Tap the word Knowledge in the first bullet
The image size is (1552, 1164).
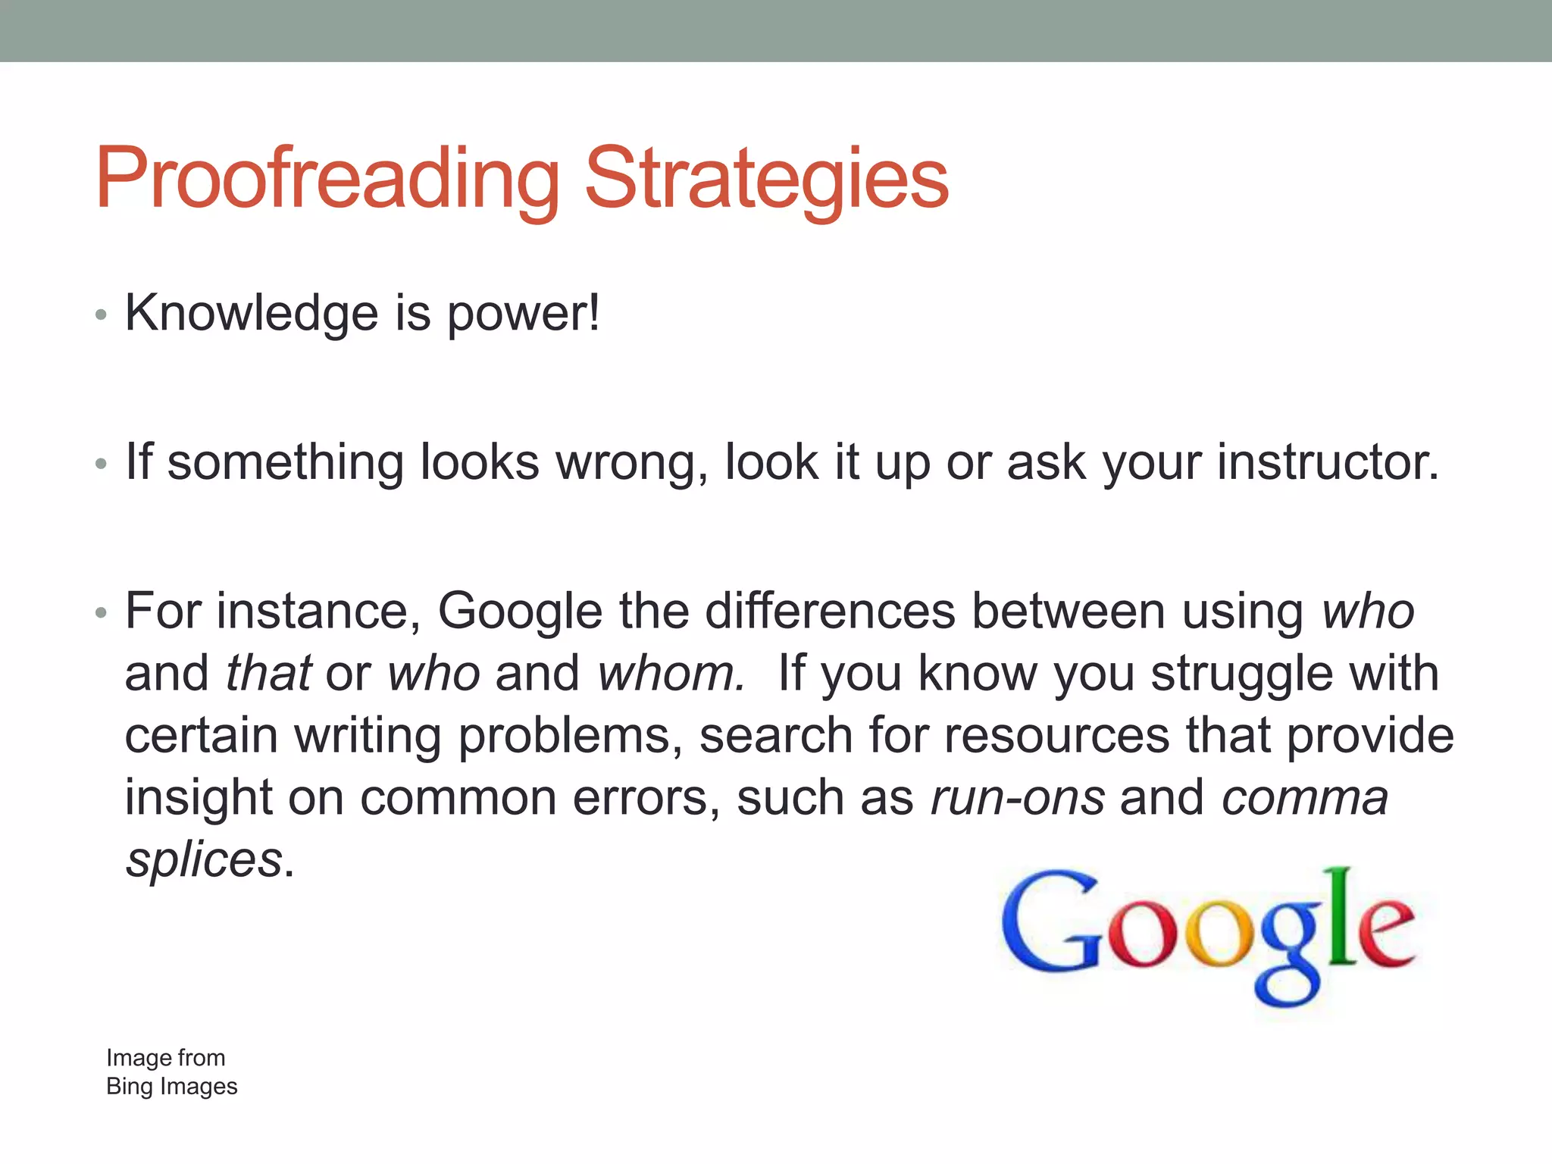251,313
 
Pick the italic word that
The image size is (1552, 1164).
268,674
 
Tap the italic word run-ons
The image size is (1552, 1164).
1017,798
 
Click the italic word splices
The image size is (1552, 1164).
203,860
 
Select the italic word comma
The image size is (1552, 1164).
1304,798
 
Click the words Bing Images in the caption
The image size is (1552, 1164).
171,1087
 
